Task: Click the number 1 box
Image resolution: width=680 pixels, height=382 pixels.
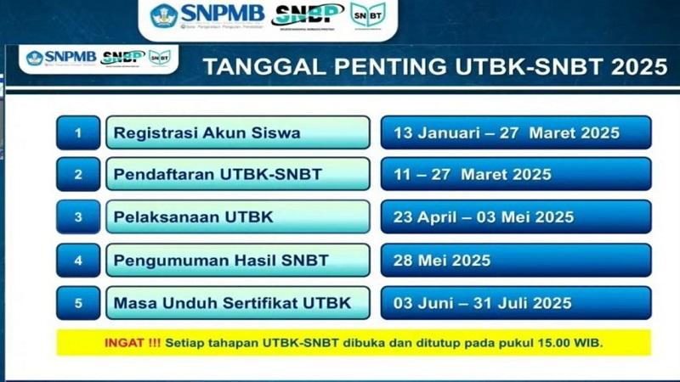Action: pos(78,132)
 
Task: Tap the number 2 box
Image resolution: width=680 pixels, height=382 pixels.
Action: pos(78,174)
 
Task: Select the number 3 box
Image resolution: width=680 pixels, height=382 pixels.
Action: pos(78,217)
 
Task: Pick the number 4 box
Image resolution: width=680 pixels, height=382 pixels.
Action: pos(78,260)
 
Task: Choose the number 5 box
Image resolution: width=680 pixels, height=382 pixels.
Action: pos(78,302)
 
